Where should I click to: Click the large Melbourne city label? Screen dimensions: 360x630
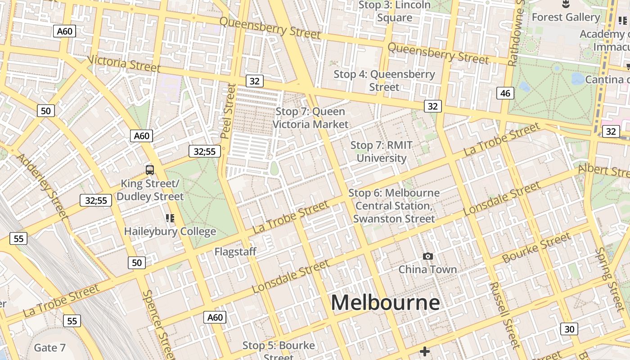tap(385, 302)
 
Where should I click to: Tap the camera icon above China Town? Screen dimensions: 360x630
tap(427, 256)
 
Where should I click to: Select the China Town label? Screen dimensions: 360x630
tap(427, 270)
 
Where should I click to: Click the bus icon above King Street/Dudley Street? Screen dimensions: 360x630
tap(150, 170)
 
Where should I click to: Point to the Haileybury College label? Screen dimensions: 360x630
tap(170, 231)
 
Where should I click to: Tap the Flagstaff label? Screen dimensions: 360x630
tap(235, 252)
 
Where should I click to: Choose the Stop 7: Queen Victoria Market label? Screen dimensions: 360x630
tap(310, 117)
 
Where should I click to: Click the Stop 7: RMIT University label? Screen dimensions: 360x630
tap(382, 152)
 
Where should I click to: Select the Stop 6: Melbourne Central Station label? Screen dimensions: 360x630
tap(394, 206)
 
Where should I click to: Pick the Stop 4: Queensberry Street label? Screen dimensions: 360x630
tap(384, 80)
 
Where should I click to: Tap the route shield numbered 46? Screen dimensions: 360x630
tap(505, 93)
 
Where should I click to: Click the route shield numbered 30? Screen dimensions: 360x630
tap(569, 329)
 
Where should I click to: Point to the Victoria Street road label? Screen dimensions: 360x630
tap(124, 63)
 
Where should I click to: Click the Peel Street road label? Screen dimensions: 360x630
tap(229, 111)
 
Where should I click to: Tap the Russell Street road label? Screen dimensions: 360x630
tap(504, 315)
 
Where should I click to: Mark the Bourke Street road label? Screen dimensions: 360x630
tap(536, 247)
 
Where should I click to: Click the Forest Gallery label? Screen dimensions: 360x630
tap(566, 17)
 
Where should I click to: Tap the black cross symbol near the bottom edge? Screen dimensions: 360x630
tap(424, 351)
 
